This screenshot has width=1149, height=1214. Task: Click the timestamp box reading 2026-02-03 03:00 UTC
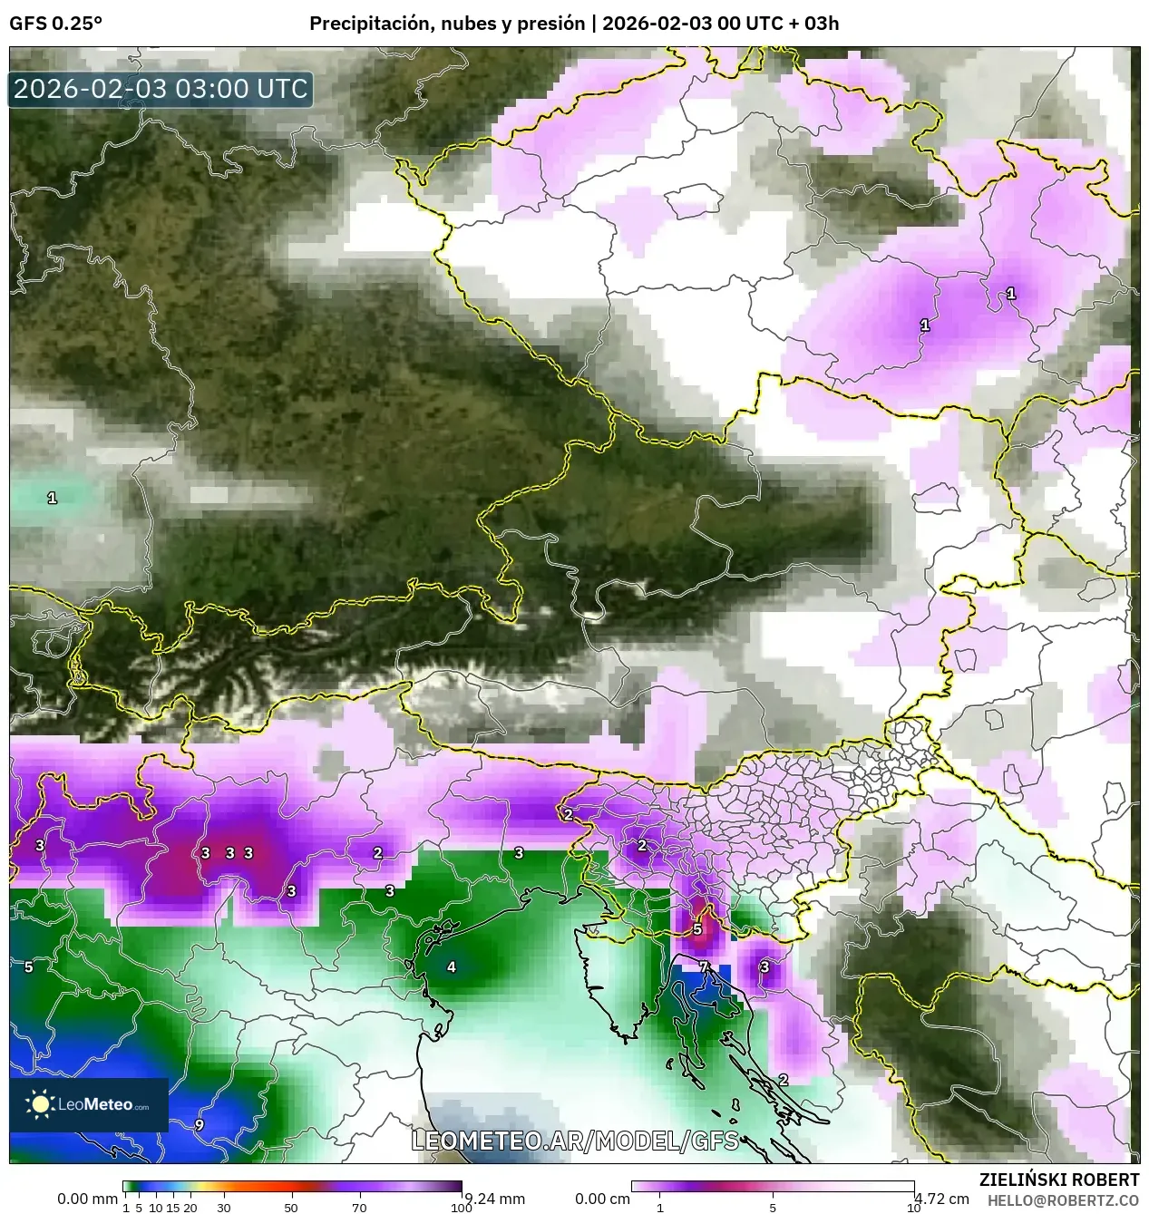[x=161, y=89]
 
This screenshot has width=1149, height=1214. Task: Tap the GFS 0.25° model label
[x=55, y=24]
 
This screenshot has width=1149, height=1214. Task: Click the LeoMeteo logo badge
[x=89, y=1104]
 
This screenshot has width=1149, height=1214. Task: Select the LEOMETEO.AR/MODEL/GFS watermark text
[x=575, y=1141]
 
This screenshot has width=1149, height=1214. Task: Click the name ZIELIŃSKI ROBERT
[x=1058, y=1180]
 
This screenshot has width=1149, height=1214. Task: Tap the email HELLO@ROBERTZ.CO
[x=1063, y=1200]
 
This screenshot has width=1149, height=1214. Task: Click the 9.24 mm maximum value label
[x=495, y=1199]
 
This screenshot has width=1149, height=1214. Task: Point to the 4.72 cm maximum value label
[x=943, y=1199]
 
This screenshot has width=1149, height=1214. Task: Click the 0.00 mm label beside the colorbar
[x=87, y=1199]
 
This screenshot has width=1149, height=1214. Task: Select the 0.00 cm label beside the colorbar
[x=602, y=1199]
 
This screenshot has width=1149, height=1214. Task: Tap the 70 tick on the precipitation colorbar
[x=359, y=1208]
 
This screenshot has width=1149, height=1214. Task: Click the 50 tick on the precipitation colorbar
[x=291, y=1208]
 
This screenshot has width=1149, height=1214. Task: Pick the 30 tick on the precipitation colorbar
[x=223, y=1208]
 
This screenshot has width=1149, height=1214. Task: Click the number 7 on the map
[x=703, y=967]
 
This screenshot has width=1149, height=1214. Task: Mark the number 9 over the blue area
[x=199, y=1125]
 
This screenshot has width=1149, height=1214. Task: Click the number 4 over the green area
[x=452, y=966]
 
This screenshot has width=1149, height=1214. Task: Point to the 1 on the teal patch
[x=52, y=498]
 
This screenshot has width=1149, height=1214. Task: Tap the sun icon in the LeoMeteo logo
[x=40, y=1104]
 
